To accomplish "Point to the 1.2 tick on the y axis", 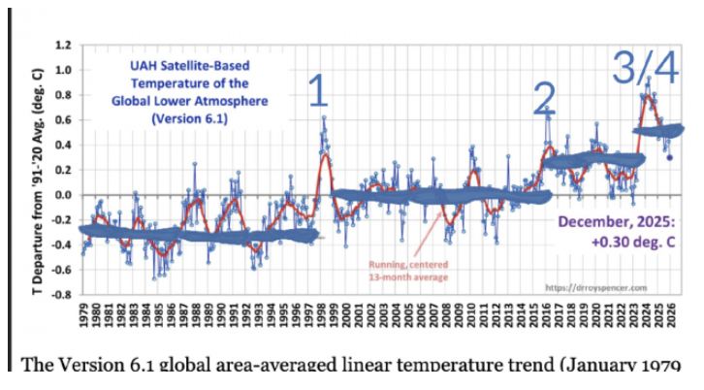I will (63, 46).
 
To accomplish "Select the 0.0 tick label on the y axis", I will (63, 195).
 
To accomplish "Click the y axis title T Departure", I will (36, 170).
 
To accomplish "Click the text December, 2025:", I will (613, 221).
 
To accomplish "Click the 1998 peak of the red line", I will (324, 153).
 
